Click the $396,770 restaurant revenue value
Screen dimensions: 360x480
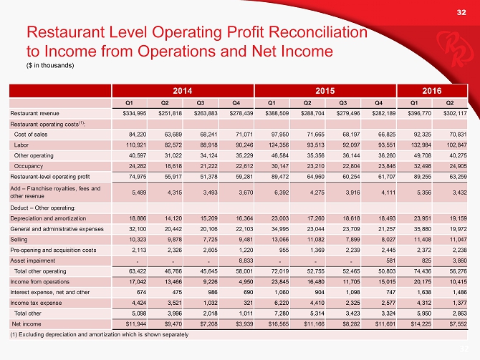click(416, 113)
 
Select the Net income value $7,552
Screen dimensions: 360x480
click(455, 323)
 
